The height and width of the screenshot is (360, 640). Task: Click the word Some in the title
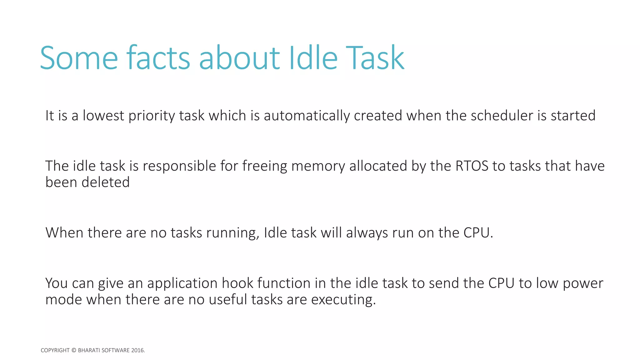pos(79,58)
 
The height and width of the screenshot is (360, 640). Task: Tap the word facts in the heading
pos(158,58)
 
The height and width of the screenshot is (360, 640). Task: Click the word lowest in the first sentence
pos(103,116)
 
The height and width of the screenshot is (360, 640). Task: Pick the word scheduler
pos(502,116)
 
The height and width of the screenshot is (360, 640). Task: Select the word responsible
pos(179,166)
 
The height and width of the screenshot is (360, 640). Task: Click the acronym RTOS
pos(472,166)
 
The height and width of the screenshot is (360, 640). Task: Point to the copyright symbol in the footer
pos(74,350)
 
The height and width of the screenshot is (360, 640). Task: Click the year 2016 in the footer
pos(138,350)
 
